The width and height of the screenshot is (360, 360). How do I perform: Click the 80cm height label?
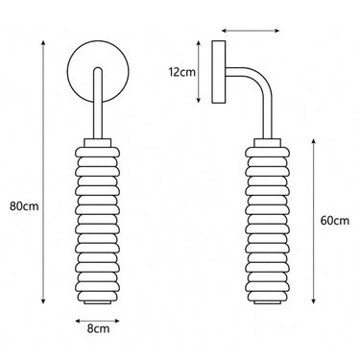[x=24, y=206]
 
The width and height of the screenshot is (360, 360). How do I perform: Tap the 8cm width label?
[x=98, y=328]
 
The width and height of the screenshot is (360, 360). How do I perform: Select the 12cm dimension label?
[x=181, y=72]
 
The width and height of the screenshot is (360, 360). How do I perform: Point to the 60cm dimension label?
[x=335, y=221]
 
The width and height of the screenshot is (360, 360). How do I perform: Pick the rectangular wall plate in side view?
[x=219, y=72]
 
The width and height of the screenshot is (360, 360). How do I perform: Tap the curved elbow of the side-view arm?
[x=265, y=81]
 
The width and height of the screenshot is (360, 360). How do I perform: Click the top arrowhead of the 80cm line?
[x=43, y=43]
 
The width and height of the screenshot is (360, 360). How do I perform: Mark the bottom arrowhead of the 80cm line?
[x=43, y=300]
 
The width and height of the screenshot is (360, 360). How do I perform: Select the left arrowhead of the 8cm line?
[x=78, y=321]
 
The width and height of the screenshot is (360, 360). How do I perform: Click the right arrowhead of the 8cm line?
[x=117, y=321]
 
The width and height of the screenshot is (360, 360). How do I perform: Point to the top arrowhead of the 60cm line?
[x=314, y=142]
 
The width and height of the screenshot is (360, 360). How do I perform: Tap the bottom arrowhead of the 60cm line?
[x=314, y=300]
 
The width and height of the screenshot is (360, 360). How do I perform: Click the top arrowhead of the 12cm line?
[x=199, y=43]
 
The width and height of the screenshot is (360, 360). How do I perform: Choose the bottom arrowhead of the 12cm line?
[x=199, y=100]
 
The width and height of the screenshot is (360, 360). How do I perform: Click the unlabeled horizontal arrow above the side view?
[x=251, y=31]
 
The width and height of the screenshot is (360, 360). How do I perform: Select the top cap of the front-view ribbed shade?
[x=98, y=143]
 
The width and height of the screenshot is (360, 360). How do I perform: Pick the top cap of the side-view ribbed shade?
[x=268, y=143]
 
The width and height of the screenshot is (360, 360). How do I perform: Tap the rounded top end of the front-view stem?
[x=98, y=70]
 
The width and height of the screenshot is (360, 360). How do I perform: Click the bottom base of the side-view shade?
[x=268, y=302]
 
